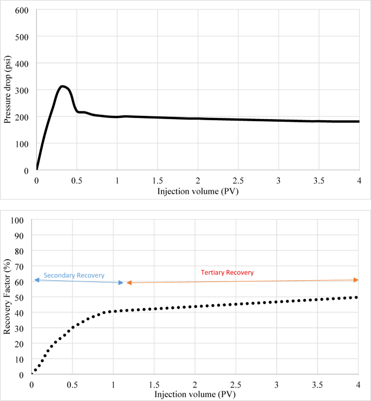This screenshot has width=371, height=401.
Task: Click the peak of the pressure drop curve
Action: click(x=63, y=86)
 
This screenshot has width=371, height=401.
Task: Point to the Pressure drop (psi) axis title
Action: click(x=8, y=90)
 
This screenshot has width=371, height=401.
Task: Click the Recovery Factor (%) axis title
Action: click(x=8, y=297)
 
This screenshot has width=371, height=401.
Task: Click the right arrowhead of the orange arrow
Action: click(x=356, y=280)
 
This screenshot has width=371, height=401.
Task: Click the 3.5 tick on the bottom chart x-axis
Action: click(x=317, y=384)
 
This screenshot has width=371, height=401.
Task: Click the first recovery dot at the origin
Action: click(x=32, y=374)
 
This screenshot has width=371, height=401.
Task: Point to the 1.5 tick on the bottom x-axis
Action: click(x=154, y=384)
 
